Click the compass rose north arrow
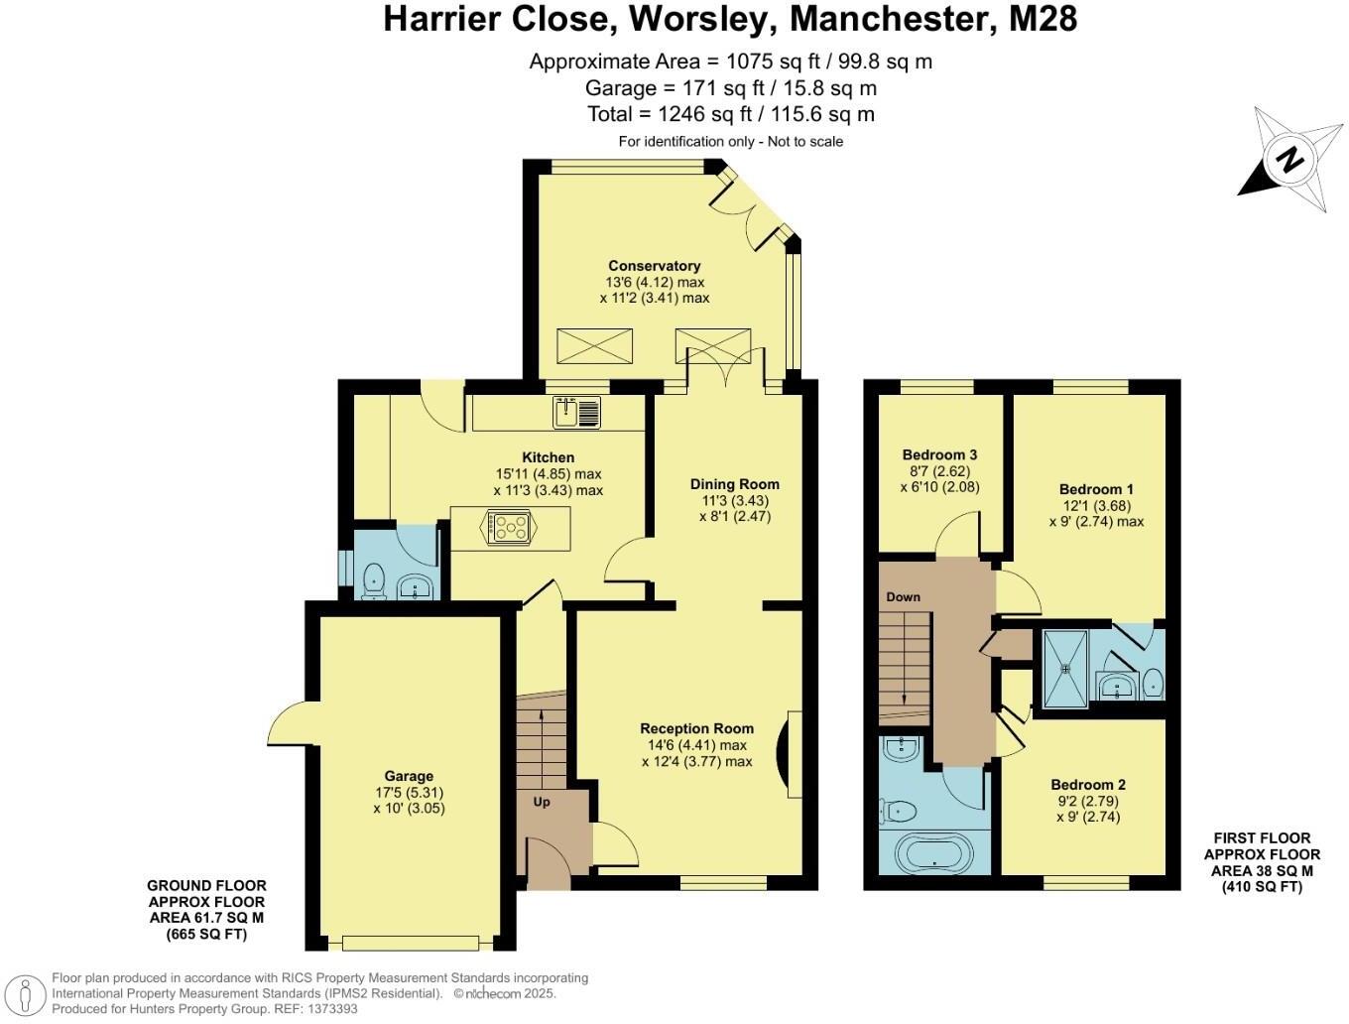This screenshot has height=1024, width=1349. [x=1288, y=160]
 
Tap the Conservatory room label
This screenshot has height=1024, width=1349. [x=654, y=265]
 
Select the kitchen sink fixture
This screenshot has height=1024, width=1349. [x=577, y=411]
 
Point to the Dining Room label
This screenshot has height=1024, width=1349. [x=734, y=484]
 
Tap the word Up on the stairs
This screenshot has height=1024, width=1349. [x=542, y=802]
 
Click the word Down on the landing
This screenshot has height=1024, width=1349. [x=903, y=596]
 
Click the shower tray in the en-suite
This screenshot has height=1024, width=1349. [x=1065, y=667]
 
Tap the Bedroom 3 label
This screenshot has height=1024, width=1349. [x=939, y=454]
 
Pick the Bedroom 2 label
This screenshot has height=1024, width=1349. [x=1087, y=784]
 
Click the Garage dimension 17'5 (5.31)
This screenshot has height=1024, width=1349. [x=409, y=792]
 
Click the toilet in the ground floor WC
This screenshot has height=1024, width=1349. [x=374, y=580]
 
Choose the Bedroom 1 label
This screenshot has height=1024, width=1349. [x=1096, y=489]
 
